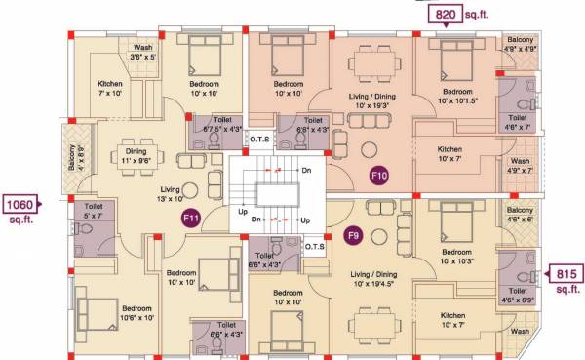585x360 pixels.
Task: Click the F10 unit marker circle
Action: coord(379,176)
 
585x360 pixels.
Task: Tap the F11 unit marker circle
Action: coord(191,220)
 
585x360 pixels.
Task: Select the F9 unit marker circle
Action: coord(355,235)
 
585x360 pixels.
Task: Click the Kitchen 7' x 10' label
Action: coord(110,90)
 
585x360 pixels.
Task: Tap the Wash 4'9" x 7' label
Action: coord(521,166)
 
